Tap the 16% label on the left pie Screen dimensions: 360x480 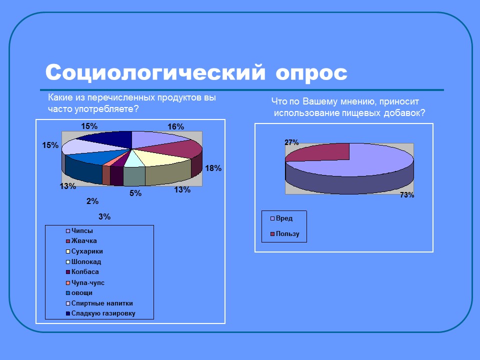click(x=175, y=127)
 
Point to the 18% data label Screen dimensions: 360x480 click(x=213, y=168)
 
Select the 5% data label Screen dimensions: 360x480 click(x=135, y=193)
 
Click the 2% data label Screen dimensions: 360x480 click(x=92, y=201)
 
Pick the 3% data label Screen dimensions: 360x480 click(x=104, y=216)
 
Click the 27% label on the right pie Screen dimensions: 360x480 click(x=291, y=142)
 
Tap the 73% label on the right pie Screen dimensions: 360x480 click(x=407, y=195)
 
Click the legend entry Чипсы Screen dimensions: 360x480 click(x=82, y=230)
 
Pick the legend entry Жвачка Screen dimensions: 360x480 click(x=84, y=241)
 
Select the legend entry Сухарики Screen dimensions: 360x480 click(x=87, y=251)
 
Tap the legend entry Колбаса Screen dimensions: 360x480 click(x=85, y=272)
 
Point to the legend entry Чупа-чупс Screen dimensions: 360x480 click(x=88, y=282)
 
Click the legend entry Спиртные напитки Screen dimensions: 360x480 click(x=102, y=303)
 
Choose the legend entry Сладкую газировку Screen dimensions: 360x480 click(x=103, y=313)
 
